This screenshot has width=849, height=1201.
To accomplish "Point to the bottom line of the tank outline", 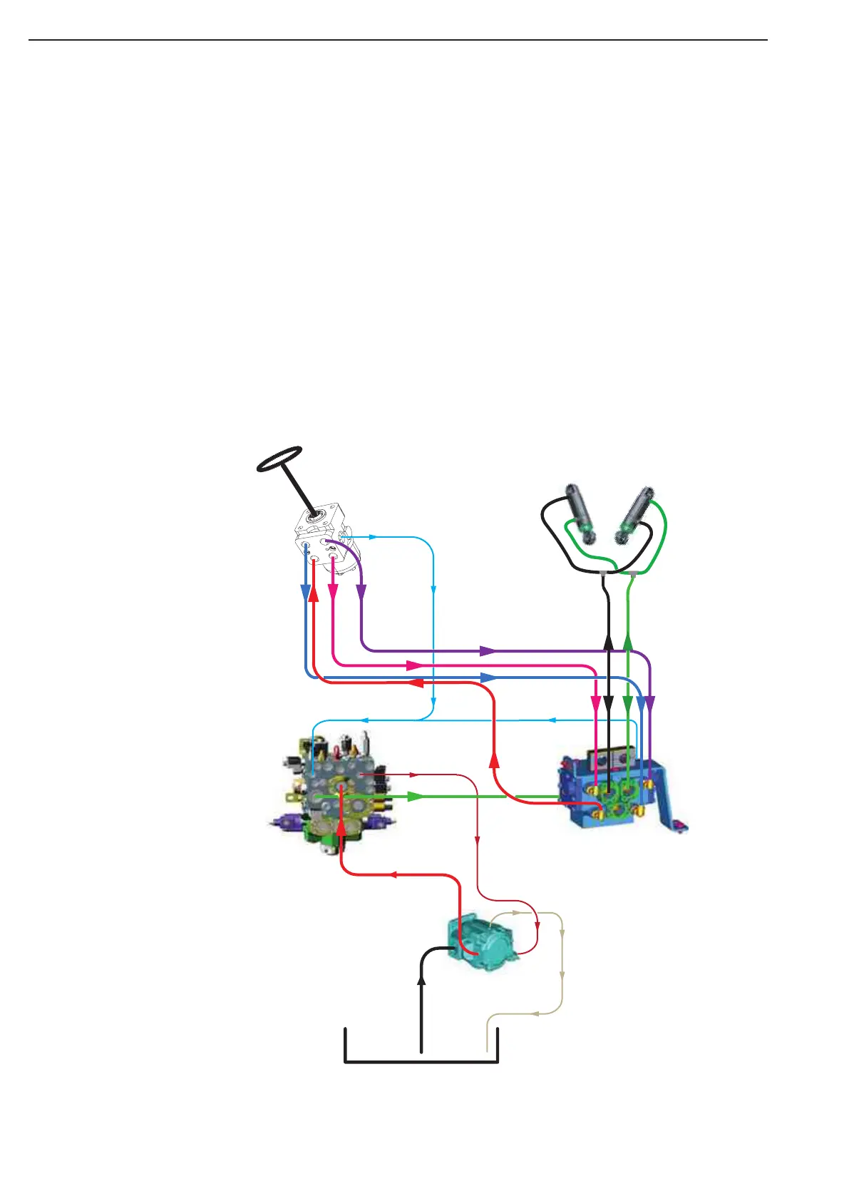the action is [421, 1062].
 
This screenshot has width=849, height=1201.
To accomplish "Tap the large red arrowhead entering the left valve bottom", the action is [341, 825].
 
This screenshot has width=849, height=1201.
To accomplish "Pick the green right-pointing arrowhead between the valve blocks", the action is [416, 796].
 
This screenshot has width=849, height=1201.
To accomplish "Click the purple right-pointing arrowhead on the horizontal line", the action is [488, 650].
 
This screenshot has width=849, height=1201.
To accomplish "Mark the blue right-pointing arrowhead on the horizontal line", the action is [488, 677].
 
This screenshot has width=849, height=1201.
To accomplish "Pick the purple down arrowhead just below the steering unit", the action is [361, 591].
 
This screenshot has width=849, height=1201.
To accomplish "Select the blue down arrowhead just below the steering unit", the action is [306, 592].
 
